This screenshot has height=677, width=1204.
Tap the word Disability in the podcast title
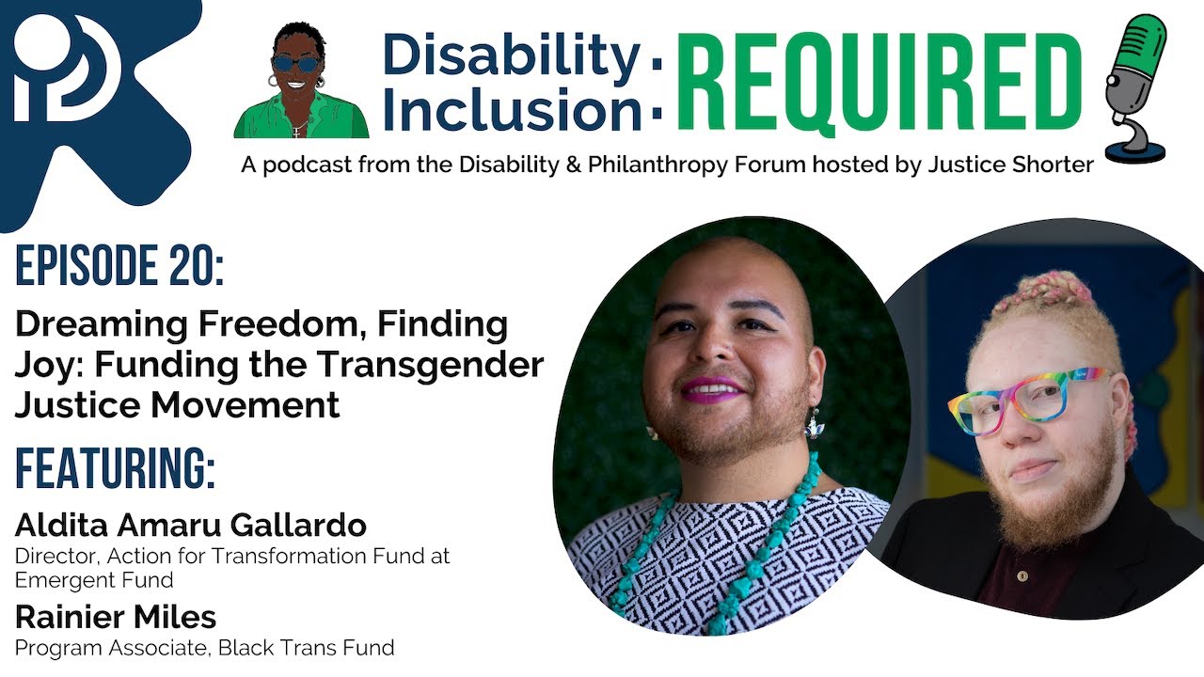tap(512, 56)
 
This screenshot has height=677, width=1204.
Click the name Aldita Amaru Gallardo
tap(191, 525)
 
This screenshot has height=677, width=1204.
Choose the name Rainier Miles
tap(116, 618)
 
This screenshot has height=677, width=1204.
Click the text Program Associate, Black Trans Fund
tap(204, 647)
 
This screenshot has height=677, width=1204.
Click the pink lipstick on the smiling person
tap(712, 388)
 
